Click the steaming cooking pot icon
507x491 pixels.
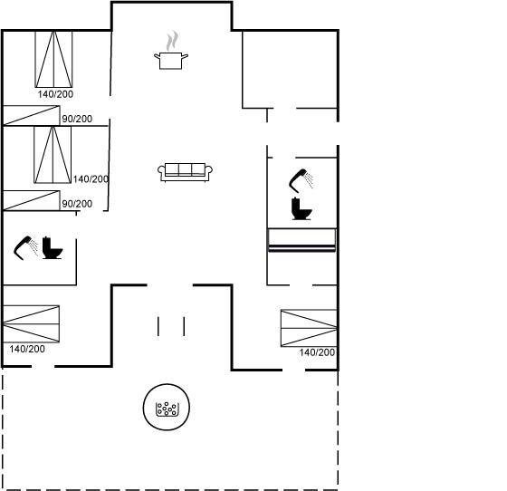click(171, 51)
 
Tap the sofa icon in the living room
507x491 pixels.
click(185, 172)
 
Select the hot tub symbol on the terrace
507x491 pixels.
click(167, 407)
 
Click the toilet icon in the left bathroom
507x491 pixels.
click(53, 247)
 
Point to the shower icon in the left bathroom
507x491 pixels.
click(25, 248)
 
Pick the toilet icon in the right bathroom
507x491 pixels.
click(301, 208)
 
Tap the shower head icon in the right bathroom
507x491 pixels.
click(301, 181)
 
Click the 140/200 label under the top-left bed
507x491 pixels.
click(55, 94)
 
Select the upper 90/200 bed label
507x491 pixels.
click(77, 119)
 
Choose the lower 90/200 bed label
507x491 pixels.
click(77, 204)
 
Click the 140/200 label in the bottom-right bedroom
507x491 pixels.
click(317, 352)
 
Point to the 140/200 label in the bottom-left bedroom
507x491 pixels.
click(27, 349)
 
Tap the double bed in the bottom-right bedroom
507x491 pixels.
click(309, 328)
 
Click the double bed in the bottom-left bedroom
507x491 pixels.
click(31, 323)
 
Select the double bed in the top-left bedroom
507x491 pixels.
click(53, 59)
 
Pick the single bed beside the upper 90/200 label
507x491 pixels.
click(32, 115)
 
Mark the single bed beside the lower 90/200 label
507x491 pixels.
click(32, 200)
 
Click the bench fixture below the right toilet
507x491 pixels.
click(302, 240)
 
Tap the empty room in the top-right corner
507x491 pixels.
click(290, 70)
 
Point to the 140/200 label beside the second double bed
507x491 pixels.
click(91, 178)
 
